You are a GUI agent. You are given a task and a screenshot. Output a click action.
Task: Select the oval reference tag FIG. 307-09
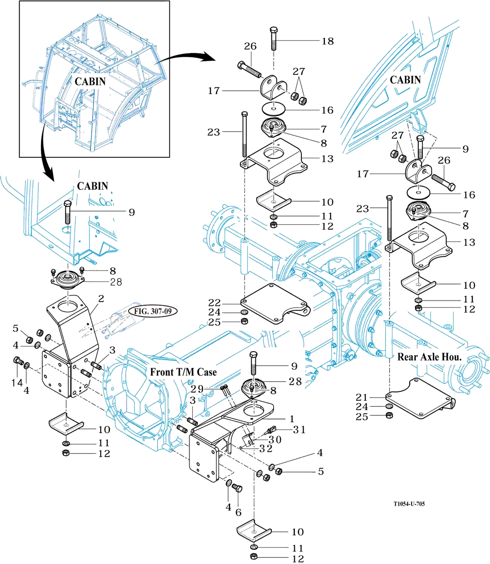coord(149,312)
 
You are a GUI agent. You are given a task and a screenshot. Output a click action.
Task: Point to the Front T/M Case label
coord(184,372)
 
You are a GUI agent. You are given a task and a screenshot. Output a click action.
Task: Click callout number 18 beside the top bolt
coord(327,41)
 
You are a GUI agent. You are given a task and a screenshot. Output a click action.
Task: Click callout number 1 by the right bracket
coord(292,417)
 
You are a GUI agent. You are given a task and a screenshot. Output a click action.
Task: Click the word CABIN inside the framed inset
coord(90,81)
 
